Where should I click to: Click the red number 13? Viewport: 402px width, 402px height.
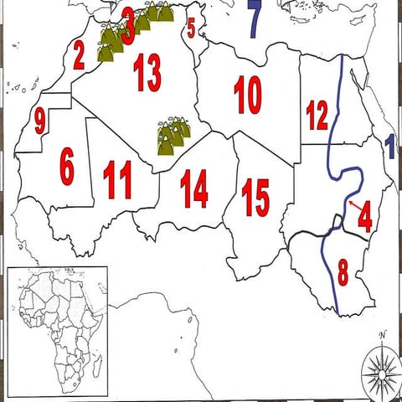147,76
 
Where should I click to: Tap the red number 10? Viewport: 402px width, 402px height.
248,95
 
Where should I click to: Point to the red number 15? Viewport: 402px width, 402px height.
255,197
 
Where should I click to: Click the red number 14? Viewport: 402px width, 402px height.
193,188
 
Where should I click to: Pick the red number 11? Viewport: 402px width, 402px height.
117,178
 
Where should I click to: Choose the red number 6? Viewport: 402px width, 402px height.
67,167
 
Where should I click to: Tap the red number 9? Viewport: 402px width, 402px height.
39,122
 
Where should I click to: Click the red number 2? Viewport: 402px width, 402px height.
79,57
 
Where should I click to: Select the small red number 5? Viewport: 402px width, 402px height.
191,30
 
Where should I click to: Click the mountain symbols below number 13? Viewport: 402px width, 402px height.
173,137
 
